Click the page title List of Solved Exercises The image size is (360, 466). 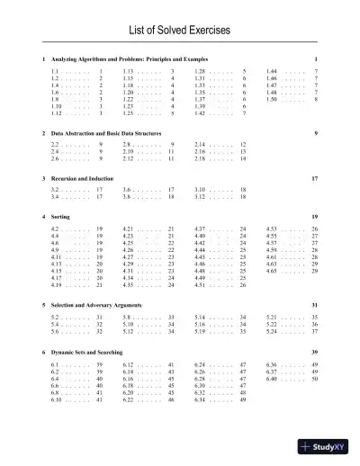click(180, 31)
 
